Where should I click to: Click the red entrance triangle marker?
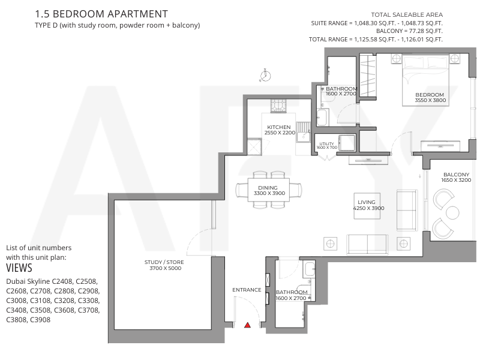point(247,325)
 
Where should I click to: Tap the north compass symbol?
point(265,75)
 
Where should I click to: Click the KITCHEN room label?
point(278,127)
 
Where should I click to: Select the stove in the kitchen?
point(278,106)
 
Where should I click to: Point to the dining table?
point(269,190)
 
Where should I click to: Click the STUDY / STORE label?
point(164,262)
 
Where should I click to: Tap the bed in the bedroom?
point(425,80)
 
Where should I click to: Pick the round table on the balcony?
point(452,212)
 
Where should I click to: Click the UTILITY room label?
point(326,143)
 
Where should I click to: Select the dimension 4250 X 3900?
point(368,208)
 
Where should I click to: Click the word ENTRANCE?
point(247,290)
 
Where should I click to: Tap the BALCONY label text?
point(456,175)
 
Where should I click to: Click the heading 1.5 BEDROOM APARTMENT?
point(101,14)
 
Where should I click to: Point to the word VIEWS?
point(19,268)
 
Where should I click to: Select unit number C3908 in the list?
point(40,320)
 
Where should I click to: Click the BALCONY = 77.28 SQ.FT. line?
point(409,31)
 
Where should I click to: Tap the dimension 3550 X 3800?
point(430,100)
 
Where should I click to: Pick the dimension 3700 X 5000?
point(166,268)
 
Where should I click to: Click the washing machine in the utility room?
point(347,143)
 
